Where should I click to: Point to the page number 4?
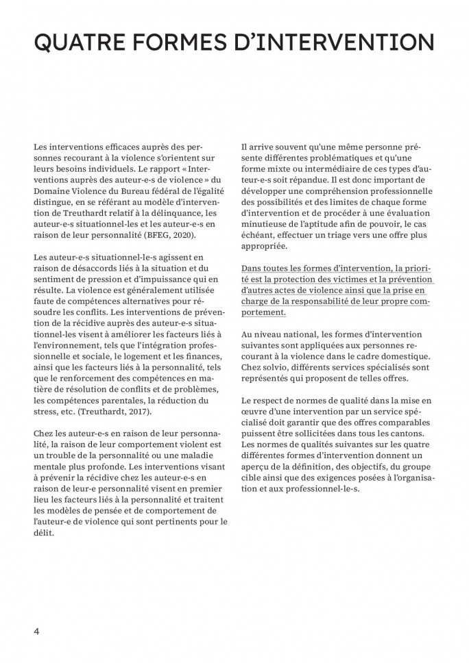(36, 631)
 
